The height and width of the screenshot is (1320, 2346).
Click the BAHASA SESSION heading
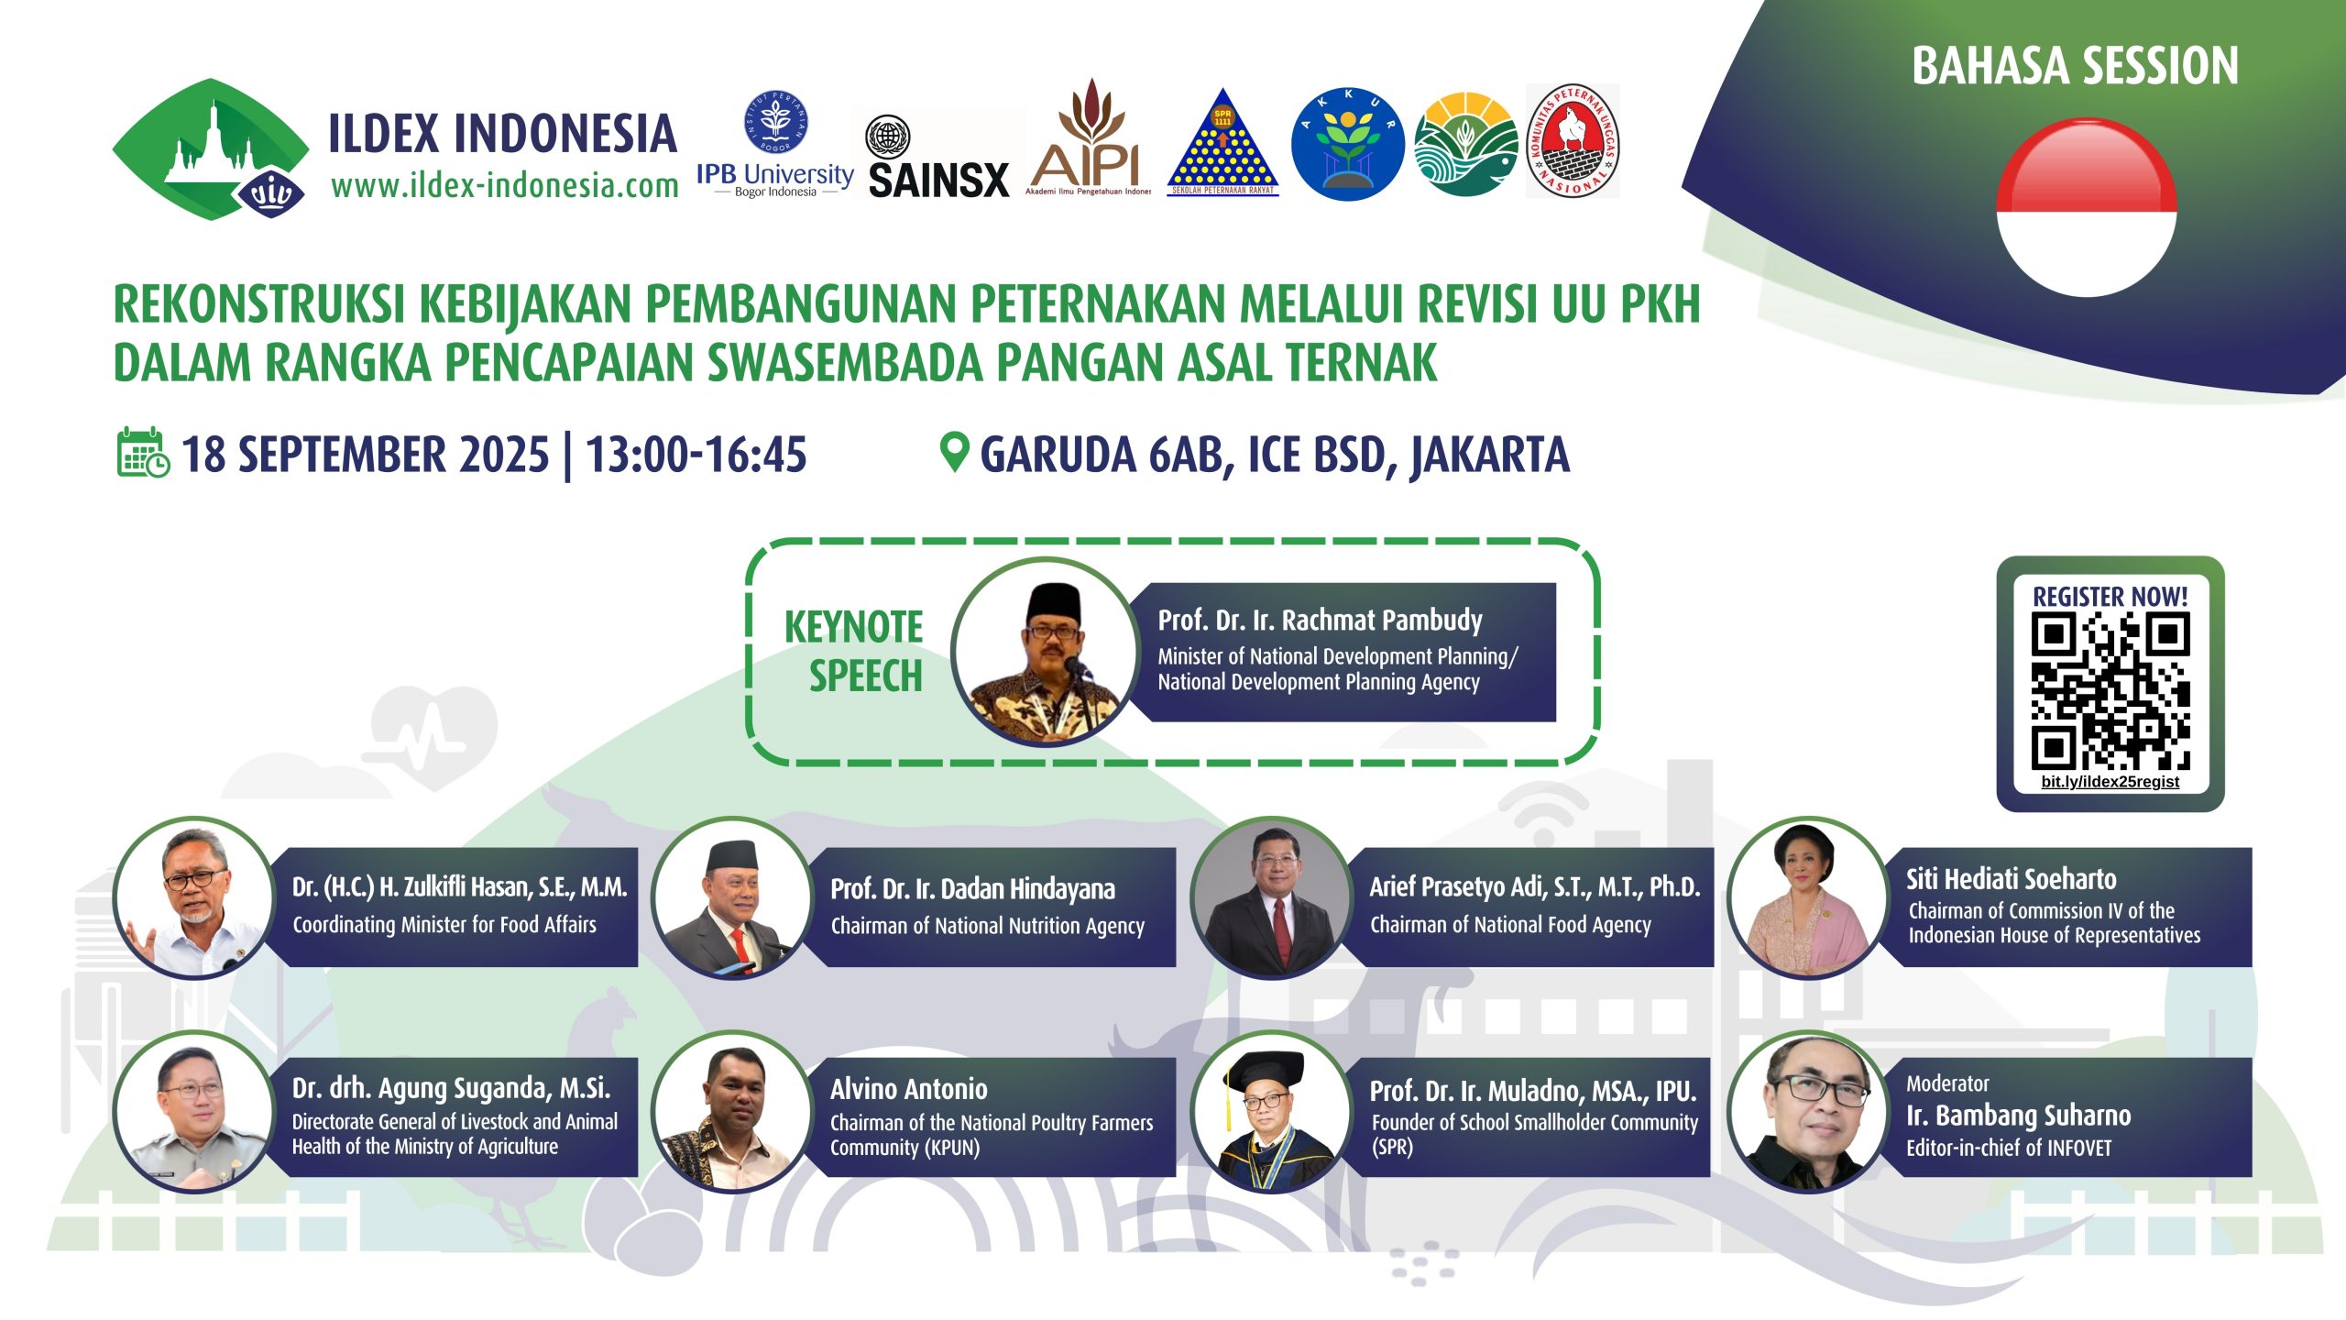point(2075,66)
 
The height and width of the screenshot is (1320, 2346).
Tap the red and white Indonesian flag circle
point(2087,208)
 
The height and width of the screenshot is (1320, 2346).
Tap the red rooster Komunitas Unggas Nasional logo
point(1573,140)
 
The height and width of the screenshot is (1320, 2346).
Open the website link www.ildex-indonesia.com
point(505,185)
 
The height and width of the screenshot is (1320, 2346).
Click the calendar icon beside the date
point(143,452)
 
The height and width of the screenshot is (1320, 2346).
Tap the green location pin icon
point(954,452)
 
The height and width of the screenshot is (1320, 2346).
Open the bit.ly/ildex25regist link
point(2110,782)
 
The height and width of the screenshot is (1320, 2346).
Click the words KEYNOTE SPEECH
point(854,651)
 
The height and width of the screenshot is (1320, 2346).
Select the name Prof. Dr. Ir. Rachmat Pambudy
point(1320,621)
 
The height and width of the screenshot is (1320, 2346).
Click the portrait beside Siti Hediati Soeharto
point(1807,897)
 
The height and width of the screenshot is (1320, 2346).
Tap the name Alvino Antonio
point(909,1089)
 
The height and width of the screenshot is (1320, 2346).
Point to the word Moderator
point(1947,1083)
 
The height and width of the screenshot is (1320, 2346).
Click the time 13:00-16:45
point(696,455)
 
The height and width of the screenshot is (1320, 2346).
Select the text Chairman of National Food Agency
point(1510,925)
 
